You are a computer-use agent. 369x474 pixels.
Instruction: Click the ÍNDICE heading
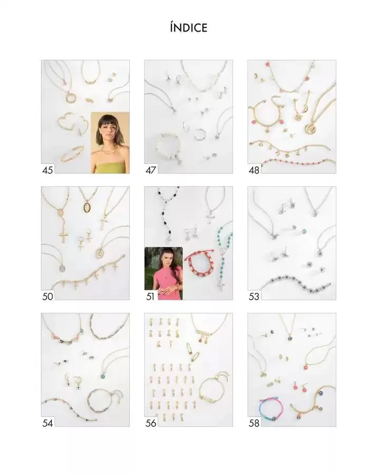pos(188,28)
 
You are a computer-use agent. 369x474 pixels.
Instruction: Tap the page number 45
pos(47,170)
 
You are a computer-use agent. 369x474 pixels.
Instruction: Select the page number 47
pos(151,170)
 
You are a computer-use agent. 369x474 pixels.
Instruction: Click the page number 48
pos(254,170)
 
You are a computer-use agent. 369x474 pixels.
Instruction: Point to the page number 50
pos(47,297)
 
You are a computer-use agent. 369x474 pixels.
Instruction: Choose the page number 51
pos(150,297)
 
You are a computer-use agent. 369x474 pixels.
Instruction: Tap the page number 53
pos(254,297)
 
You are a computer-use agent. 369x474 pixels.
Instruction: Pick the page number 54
pos(47,423)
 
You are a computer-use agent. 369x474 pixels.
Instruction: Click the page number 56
pos(151,423)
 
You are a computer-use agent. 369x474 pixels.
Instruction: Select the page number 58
pos(254,423)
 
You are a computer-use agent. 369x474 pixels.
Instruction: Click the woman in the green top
pos(110,143)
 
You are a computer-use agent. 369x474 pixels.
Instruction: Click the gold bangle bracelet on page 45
pos(72,154)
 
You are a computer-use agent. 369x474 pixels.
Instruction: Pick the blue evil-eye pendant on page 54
pos(103,376)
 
